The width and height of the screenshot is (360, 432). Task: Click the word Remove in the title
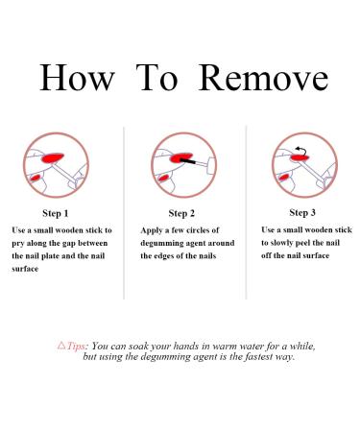263,78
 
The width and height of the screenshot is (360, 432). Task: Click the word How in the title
77,78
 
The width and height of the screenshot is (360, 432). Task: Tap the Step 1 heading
56,213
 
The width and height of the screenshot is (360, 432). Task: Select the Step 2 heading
181,213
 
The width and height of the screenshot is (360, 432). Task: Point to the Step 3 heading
302,212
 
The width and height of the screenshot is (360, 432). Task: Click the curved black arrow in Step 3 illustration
301,149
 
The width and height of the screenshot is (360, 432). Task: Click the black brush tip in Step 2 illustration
188,161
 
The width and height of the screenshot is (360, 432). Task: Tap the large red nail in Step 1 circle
52,157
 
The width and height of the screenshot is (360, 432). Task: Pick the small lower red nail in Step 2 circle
164,178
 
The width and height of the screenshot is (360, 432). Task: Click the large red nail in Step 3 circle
300,157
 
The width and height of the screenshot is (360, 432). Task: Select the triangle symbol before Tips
61,346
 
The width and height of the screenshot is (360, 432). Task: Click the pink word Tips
77,347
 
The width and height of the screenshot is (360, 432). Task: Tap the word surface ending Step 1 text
25,269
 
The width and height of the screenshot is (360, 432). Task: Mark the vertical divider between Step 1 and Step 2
124,213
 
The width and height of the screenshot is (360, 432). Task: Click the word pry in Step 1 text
18,244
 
